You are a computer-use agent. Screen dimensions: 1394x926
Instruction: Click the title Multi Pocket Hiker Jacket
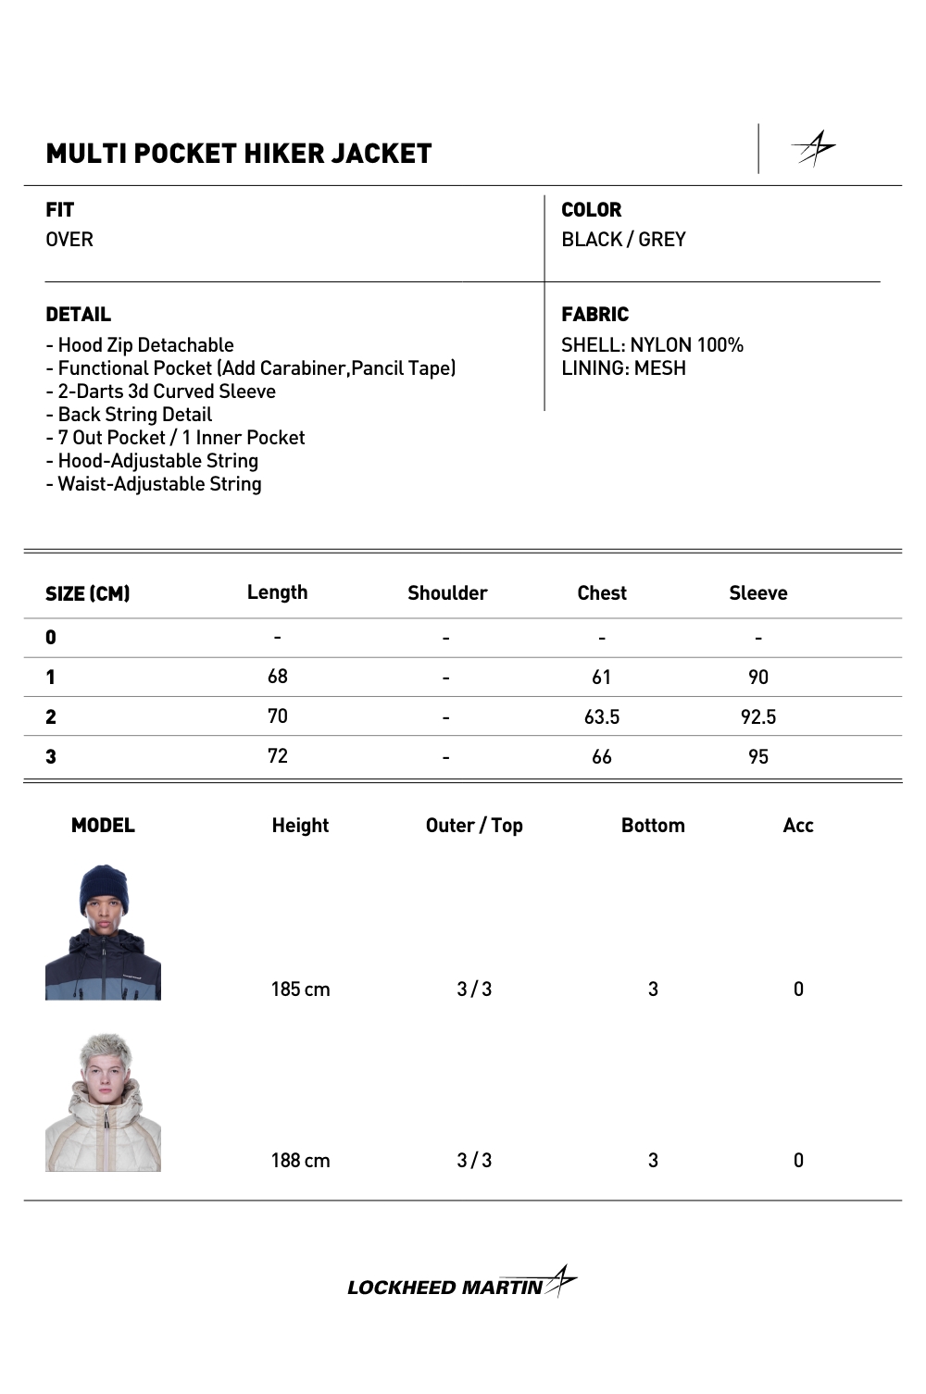(x=238, y=154)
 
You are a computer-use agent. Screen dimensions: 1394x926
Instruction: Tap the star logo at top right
(x=814, y=148)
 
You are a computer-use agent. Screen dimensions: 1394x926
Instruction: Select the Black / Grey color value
(x=623, y=240)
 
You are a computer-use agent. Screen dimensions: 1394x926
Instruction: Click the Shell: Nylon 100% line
(x=652, y=345)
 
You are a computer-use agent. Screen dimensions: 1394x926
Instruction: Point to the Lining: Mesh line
(x=623, y=368)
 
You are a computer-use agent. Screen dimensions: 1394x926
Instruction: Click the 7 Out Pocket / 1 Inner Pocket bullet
(x=176, y=438)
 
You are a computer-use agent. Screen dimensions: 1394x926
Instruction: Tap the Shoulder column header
(x=446, y=593)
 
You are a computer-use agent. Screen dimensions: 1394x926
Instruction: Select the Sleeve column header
(x=757, y=593)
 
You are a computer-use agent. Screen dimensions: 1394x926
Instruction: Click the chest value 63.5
(x=601, y=717)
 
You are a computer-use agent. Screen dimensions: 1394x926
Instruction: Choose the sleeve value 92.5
(x=757, y=717)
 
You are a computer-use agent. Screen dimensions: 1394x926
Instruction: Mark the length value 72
(x=277, y=756)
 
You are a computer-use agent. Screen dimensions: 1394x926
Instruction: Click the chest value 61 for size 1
(x=601, y=678)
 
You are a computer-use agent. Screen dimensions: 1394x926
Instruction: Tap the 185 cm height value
(x=300, y=989)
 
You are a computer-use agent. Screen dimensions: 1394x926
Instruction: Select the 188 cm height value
(x=300, y=1161)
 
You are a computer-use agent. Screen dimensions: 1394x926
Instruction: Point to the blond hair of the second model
(x=105, y=1052)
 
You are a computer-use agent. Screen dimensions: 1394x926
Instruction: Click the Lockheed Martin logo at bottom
(x=461, y=1285)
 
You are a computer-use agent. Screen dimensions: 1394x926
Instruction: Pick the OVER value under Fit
(x=69, y=240)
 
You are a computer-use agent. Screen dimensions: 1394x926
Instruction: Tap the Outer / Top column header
(x=474, y=826)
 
